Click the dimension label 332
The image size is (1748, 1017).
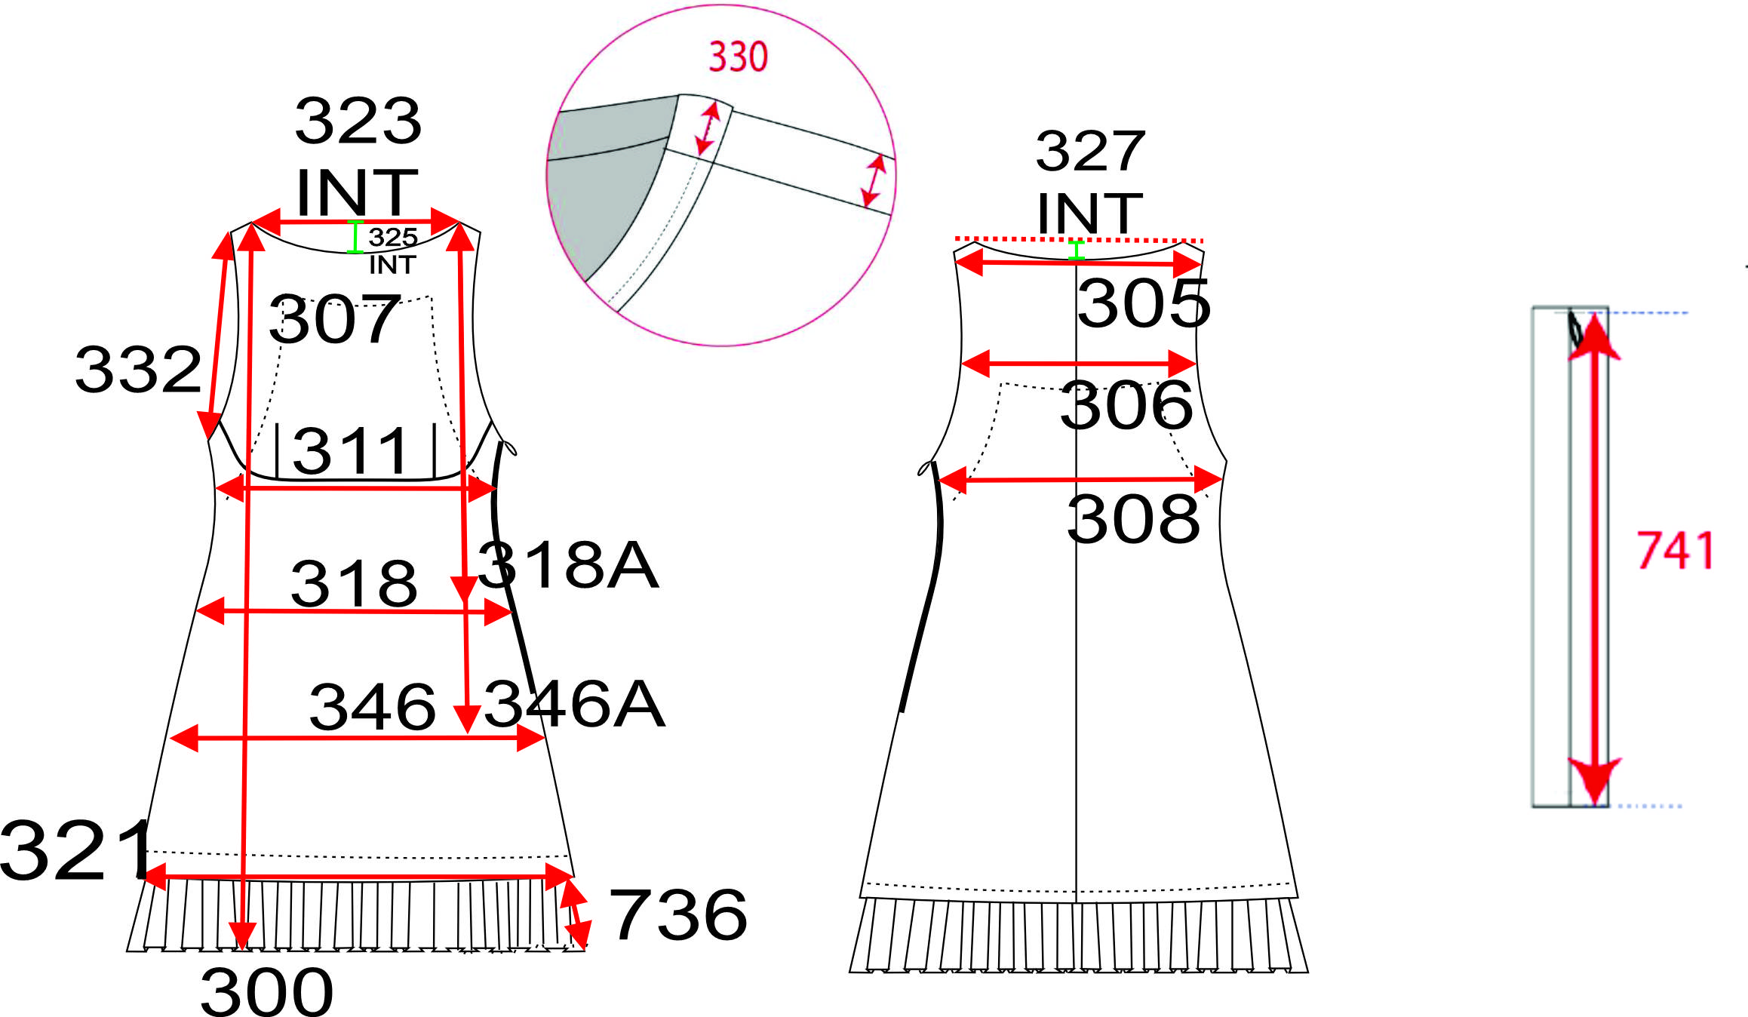pyautogui.click(x=139, y=370)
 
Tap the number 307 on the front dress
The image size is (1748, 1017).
pyautogui.click(x=334, y=319)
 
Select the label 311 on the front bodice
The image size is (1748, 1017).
pyautogui.click(x=350, y=451)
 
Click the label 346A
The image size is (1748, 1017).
pyautogui.click(x=574, y=704)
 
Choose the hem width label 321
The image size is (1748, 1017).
pyautogui.click(x=75, y=850)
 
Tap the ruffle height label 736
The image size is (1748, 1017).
pyautogui.click(x=678, y=915)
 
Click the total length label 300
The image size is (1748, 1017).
pyautogui.click(x=266, y=991)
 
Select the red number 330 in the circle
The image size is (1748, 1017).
pyautogui.click(x=738, y=57)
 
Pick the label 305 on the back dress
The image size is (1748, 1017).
pyautogui.click(x=1144, y=303)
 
